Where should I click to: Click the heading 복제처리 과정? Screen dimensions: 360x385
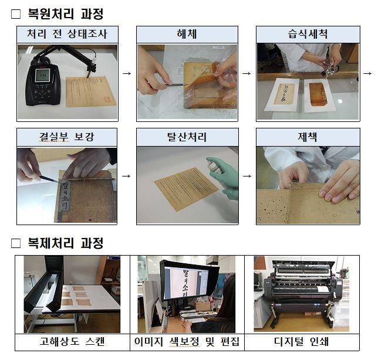click(x=65, y=242)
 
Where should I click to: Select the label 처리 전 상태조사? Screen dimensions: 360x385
click(x=67, y=34)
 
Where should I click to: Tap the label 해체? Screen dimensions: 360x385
click(x=187, y=34)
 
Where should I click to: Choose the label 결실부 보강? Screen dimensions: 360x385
click(x=67, y=138)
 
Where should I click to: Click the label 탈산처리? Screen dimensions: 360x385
click(x=187, y=138)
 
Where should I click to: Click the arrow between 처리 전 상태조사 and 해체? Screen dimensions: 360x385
click(x=127, y=73)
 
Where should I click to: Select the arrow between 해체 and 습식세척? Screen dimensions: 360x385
click(x=246, y=73)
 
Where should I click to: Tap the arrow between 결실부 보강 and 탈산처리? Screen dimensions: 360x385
click(x=127, y=175)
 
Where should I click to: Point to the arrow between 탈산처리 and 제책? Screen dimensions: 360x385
click(x=246, y=175)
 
